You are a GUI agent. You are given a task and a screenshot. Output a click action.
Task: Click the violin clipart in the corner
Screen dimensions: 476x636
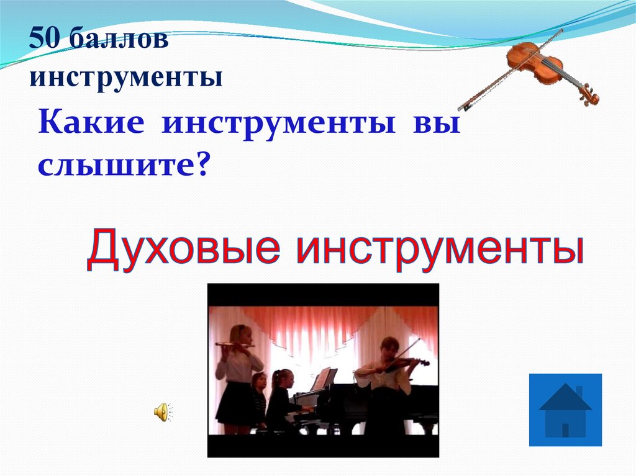[x=535, y=69]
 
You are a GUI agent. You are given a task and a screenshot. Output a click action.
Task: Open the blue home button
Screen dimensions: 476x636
[x=565, y=410]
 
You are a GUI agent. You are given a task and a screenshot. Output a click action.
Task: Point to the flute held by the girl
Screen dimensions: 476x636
[x=234, y=344]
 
